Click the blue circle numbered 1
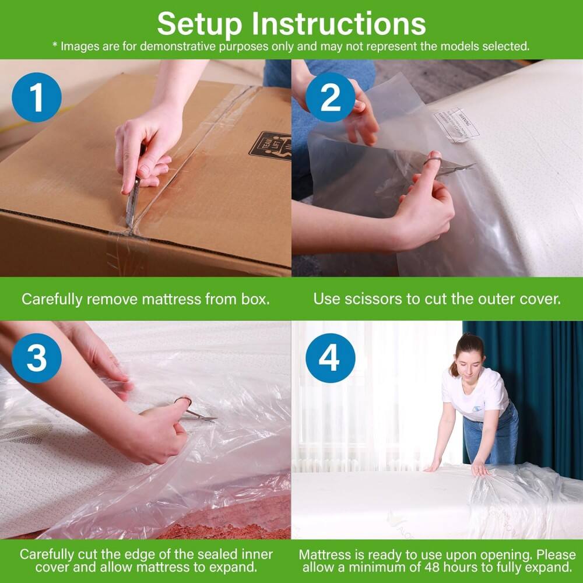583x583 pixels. pos(36,97)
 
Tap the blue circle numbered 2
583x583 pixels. pos(330,97)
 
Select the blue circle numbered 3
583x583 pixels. pos(36,357)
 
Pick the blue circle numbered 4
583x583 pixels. pos(330,357)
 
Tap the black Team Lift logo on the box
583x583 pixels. pos(270,146)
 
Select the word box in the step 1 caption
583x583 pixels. pos(254,299)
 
